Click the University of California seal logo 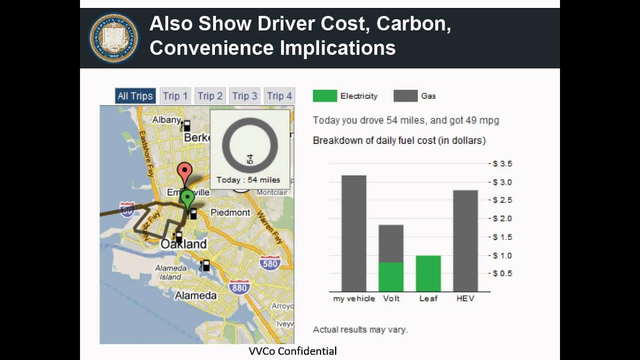point(114,38)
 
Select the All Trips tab point(135,96)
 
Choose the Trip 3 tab point(244,96)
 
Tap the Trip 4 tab point(279,96)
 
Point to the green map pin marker point(187,199)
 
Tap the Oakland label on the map point(183,244)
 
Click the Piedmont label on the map point(230,212)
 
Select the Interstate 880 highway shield point(239,287)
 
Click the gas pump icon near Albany point(186,125)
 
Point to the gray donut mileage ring point(249,145)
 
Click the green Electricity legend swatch point(324,96)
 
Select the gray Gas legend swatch point(405,96)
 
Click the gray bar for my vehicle point(353,233)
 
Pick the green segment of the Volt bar point(390,277)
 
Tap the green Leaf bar point(428,273)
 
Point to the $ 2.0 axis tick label point(502,218)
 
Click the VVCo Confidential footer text point(292,351)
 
